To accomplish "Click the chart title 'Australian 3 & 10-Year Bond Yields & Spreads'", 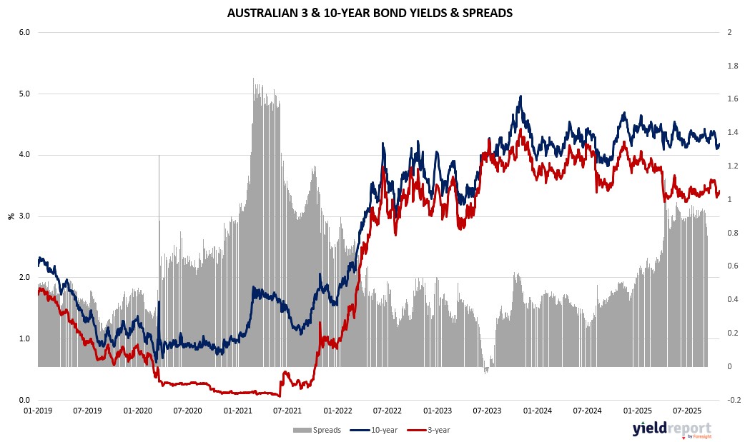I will pyautogui.click(x=370, y=13).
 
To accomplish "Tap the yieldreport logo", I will pyautogui.click(x=671, y=429).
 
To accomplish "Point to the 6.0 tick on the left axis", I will pyautogui.click(x=24, y=32).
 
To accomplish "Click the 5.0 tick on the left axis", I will pyautogui.click(x=24, y=94).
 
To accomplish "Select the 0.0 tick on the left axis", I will pyautogui.click(x=24, y=400).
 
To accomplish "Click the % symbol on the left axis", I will pyautogui.click(x=11, y=216).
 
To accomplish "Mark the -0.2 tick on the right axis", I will pyautogui.click(x=731, y=400).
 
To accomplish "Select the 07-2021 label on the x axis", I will pyautogui.click(x=287, y=411).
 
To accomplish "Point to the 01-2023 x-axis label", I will pyautogui.click(x=438, y=411).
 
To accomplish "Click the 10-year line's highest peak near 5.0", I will pyautogui.click(x=520, y=96).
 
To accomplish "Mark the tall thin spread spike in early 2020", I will pyautogui.click(x=159, y=156).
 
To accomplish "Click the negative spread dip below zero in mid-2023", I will pyautogui.click(x=486, y=371).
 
